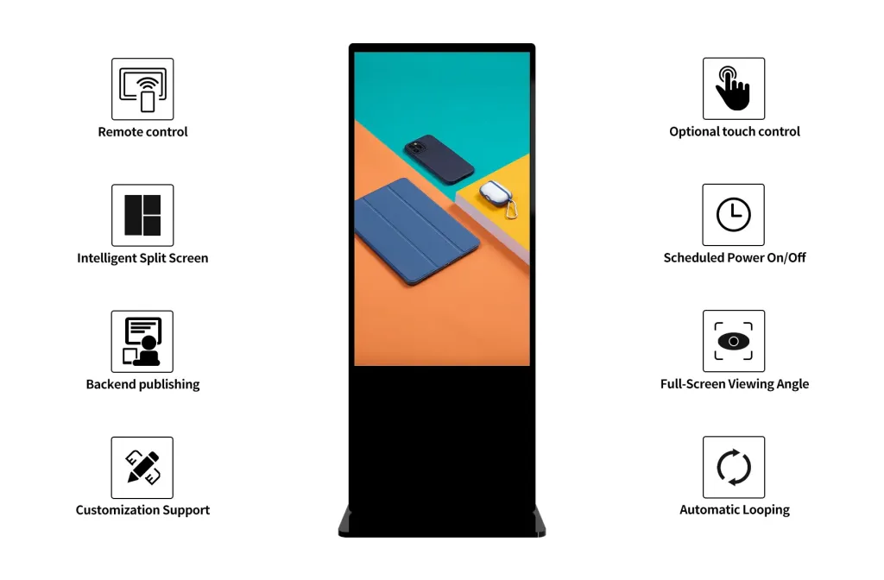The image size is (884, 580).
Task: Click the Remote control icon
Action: pos(142,89)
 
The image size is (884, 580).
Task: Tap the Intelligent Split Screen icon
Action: pos(142,215)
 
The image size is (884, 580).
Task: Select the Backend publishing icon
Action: pos(142,341)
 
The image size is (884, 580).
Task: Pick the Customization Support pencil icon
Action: pos(142,467)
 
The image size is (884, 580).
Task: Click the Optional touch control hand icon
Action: pos(734,89)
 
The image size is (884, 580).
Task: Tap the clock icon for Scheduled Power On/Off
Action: pos(734,215)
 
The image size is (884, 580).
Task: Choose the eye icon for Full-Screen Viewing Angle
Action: pos(734,341)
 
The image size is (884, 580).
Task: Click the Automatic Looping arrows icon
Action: pos(734,467)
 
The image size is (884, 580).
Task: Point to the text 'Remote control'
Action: pos(142,132)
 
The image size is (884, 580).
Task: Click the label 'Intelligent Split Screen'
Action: pos(142,258)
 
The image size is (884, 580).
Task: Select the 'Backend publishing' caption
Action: pos(142,384)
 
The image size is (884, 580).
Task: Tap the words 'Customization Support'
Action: pos(142,510)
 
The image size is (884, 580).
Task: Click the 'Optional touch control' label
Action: pos(735,132)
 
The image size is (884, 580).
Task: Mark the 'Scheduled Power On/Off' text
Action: pos(735,258)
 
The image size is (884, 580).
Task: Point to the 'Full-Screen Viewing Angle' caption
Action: pos(735,384)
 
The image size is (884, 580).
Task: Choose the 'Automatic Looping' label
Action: pos(735,510)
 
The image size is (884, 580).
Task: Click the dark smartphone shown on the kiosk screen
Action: pos(439,159)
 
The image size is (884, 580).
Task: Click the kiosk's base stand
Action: pos(441,523)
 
